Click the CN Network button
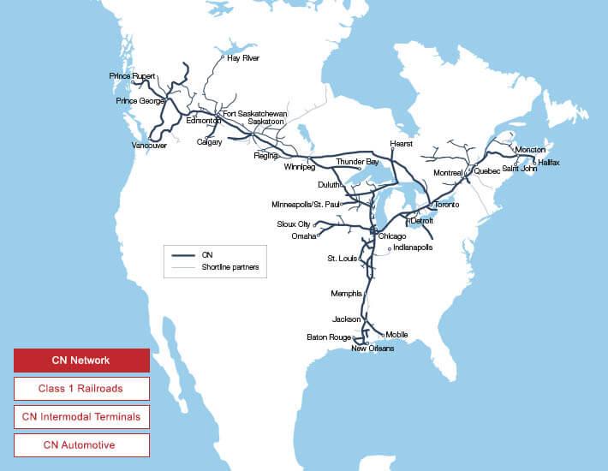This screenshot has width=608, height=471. coord(81,361)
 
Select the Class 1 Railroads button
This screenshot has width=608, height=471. coord(81,389)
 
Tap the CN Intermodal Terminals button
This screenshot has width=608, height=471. coord(81,417)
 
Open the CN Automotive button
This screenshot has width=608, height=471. coord(81,445)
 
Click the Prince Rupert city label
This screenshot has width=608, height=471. coord(132,76)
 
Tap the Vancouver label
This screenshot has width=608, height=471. coord(148,146)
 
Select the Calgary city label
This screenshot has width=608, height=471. coord(209,142)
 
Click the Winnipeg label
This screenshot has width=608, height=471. coord(300,167)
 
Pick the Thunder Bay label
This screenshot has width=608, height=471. coord(357,162)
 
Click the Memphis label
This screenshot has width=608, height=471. coord(346,294)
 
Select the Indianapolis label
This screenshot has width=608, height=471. coord(413,247)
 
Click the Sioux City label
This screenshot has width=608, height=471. coord(294,224)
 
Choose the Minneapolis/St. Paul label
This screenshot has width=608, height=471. coord(304,205)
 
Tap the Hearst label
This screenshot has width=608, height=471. coord(401,144)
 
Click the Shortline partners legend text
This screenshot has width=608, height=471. coord(229,268)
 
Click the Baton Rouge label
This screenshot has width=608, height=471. coord(329,337)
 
